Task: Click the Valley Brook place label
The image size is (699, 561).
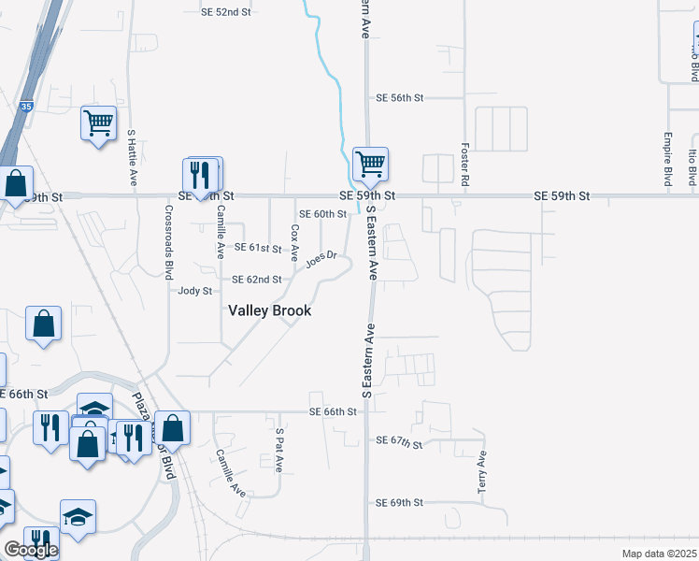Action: (x=270, y=310)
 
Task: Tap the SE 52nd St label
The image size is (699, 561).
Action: (x=227, y=12)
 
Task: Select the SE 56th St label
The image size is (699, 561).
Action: (x=400, y=97)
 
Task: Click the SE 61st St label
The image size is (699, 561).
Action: (x=258, y=248)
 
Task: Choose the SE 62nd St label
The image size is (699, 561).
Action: (x=257, y=280)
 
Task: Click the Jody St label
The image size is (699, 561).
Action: (x=195, y=292)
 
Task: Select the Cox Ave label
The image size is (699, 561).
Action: (x=295, y=241)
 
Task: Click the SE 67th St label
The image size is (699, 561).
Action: (x=400, y=439)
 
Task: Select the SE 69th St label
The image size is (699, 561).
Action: (x=400, y=503)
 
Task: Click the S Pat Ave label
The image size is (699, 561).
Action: (x=278, y=450)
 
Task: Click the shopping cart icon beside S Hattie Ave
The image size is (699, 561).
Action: (x=98, y=122)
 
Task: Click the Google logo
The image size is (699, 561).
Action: (x=31, y=550)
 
